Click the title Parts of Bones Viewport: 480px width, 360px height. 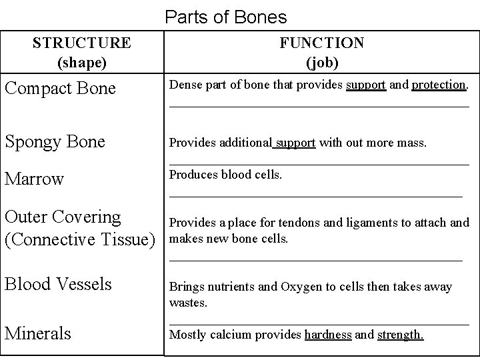(225, 16)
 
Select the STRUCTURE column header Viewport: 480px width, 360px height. (82, 43)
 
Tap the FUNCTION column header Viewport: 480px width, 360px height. (322, 43)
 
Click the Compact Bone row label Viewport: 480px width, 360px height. (60, 88)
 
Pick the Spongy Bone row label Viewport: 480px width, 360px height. (55, 142)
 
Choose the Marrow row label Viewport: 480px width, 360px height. (34, 179)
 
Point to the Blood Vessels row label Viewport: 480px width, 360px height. (58, 284)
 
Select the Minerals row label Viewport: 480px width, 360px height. (38, 333)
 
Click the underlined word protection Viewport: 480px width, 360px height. (439, 85)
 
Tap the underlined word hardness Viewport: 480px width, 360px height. (328, 335)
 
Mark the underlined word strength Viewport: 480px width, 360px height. (400, 335)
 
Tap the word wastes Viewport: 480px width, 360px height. (189, 303)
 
